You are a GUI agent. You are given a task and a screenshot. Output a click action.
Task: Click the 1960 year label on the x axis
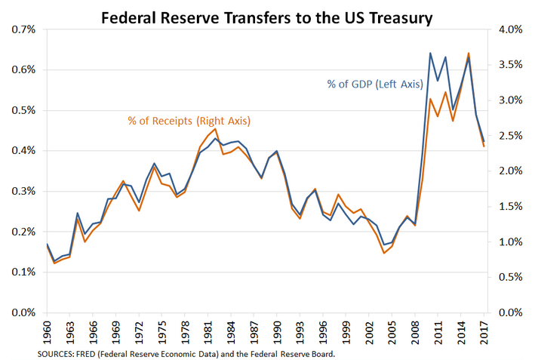pyautogui.click(x=47, y=331)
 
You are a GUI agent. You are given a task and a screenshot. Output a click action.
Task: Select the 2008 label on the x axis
pyautogui.click(x=414, y=331)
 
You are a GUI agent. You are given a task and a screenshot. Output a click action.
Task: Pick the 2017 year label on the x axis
pyautogui.click(x=483, y=331)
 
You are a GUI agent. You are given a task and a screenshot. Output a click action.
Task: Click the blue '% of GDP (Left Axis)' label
pyautogui.click(x=374, y=84)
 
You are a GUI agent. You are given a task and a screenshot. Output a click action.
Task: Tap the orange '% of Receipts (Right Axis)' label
pyautogui.click(x=189, y=121)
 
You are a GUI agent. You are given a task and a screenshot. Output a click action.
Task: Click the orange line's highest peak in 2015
pyautogui.click(x=469, y=54)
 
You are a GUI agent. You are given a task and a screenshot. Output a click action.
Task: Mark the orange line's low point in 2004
pyautogui.click(x=384, y=253)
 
